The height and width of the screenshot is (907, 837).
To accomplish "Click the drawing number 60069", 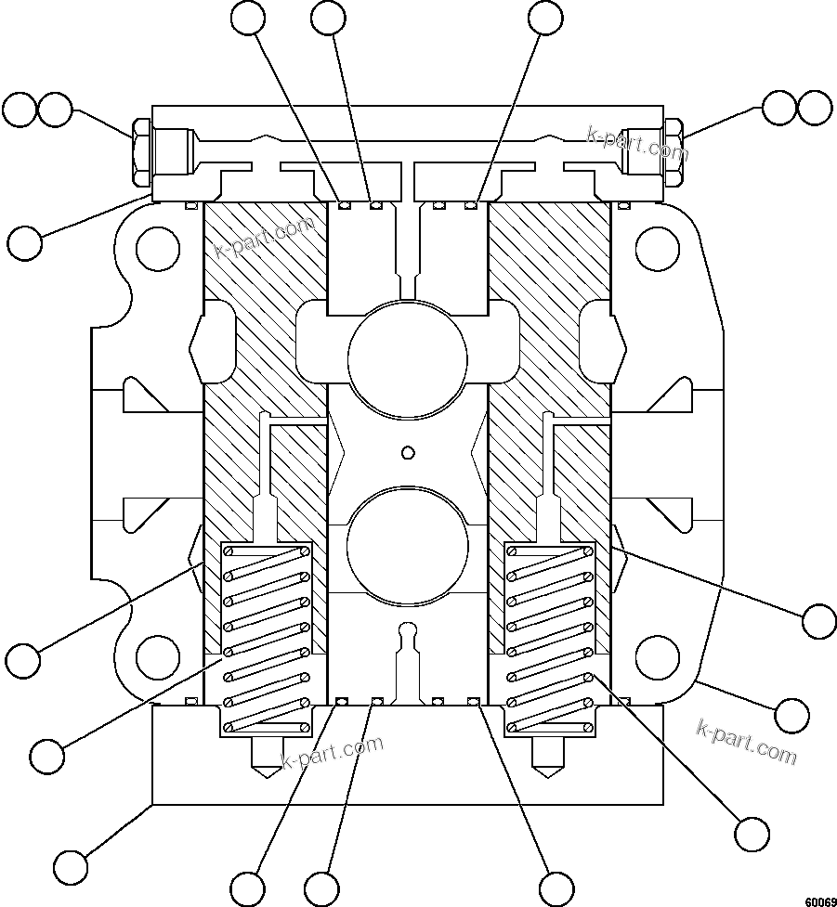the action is [820, 901].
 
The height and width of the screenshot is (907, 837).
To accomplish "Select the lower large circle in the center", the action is [407, 545].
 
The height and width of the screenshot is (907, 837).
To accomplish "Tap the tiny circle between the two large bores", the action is [406, 452].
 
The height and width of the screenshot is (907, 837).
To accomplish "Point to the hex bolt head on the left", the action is [140, 151].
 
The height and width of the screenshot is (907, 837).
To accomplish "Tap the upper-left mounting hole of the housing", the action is [157, 249].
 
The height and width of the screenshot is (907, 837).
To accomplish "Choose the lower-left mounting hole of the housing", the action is [157, 657].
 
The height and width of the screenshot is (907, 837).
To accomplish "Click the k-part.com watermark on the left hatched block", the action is [252, 239].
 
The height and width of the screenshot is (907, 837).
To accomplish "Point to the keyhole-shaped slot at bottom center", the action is [406, 650].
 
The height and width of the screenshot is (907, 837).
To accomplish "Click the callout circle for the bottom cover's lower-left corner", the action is [71, 867].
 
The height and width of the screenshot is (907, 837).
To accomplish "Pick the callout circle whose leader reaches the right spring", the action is [751, 831].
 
